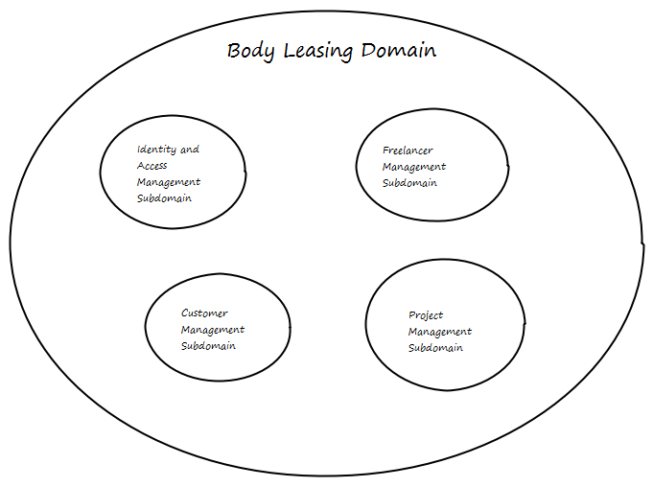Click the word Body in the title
click(x=247, y=51)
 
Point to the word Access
click(x=152, y=166)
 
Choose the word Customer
click(x=204, y=313)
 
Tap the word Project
click(x=426, y=315)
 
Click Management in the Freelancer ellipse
click(x=414, y=167)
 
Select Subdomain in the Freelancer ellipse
click(x=409, y=183)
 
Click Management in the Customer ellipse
click(x=213, y=330)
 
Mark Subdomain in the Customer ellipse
click(x=208, y=346)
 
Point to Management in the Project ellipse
click(x=440, y=332)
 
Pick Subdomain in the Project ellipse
click(x=435, y=348)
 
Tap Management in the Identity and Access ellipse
click(x=169, y=182)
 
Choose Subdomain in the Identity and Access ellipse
click(x=164, y=198)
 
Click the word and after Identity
click(x=190, y=150)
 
